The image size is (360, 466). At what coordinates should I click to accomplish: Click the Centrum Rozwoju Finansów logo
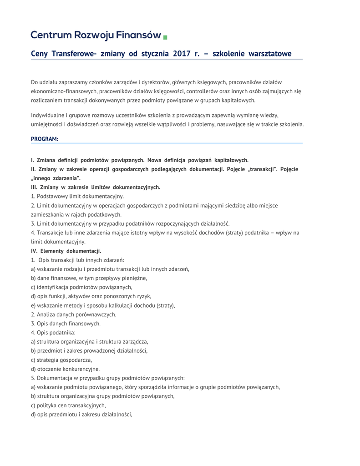click(96, 35)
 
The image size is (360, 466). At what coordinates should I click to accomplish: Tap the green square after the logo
click(165, 36)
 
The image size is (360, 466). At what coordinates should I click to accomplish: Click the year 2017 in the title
click(182, 54)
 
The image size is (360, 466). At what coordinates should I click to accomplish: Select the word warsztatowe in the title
click(270, 54)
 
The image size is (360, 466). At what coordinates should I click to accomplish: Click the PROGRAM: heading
click(45, 139)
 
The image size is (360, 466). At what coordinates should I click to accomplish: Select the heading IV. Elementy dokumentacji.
click(66, 251)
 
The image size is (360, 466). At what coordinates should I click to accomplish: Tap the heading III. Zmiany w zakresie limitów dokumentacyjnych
click(96, 187)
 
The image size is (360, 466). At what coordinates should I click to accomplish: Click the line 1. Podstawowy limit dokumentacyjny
click(77, 196)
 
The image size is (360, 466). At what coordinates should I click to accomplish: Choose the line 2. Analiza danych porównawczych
click(74, 314)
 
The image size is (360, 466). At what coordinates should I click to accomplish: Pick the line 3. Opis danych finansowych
click(66, 323)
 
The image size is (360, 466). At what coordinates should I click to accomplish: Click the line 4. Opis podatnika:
click(53, 332)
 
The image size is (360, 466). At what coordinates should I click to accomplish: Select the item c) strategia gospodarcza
click(61, 360)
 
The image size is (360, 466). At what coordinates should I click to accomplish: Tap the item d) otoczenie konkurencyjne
click(65, 369)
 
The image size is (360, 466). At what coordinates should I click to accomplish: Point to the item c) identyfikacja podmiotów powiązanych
click(81, 287)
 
